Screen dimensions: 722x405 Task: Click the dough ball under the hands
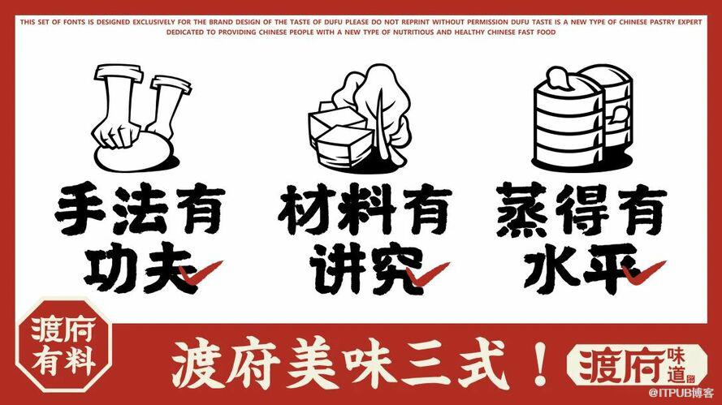133,154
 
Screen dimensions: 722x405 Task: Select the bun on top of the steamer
559,80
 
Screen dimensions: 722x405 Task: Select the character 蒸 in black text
521,209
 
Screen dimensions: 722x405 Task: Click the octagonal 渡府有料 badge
64,345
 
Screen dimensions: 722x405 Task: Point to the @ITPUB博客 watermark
681,393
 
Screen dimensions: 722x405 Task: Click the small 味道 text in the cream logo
677,365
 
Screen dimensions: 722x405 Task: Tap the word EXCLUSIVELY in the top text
153,22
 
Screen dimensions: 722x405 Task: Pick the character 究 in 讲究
393,269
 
